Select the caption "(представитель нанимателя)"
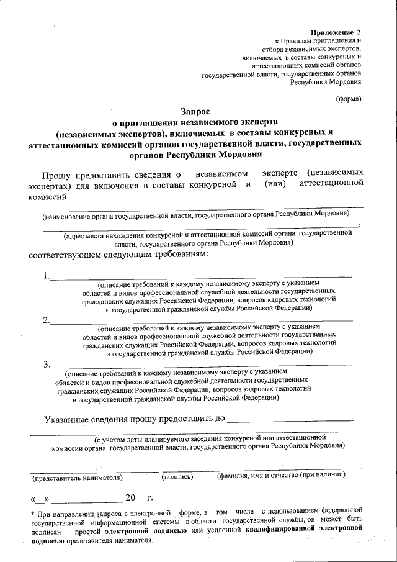click(x=78, y=478)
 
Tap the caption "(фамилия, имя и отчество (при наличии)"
click(x=281, y=476)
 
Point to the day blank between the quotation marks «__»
click(x=40, y=499)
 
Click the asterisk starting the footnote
click(x=32, y=514)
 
